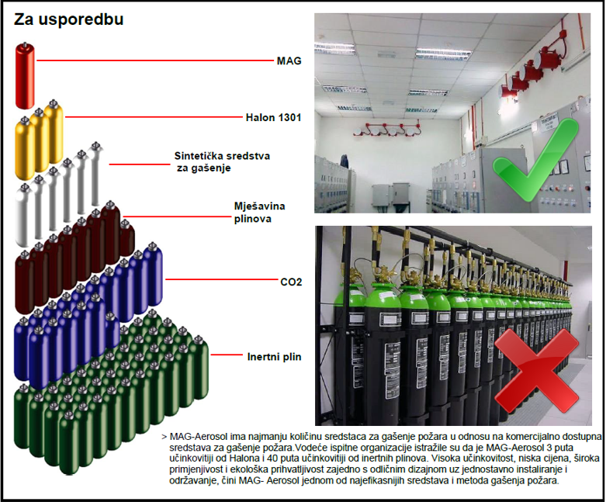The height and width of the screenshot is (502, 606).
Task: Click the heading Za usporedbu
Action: (x=69, y=19)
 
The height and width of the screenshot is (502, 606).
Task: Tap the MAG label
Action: (x=289, y=61)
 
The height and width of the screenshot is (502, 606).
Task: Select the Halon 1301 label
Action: (x=273, y=117)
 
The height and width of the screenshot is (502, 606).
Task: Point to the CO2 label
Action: (x=291, y=282)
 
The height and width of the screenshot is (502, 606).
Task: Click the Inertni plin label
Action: (x=274, y=357)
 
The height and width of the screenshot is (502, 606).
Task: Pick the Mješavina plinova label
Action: (x=259, y=212)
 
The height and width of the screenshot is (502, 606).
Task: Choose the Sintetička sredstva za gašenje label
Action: (x=222, y=162)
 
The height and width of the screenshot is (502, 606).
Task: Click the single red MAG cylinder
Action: (x=25, y=75)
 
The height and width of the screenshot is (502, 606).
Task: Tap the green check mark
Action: (x=535, y=161)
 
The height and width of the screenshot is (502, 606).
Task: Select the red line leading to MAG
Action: (x=154, y=61)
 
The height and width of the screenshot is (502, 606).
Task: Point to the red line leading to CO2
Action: (x=221, y=279)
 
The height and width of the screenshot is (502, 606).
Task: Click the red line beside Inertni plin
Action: (x=227, y=355)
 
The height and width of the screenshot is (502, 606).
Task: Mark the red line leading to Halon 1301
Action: (x=154, y=116)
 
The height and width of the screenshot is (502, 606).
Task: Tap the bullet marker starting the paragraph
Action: (x=164, y=437)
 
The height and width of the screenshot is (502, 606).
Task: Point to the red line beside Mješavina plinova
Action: (x=176, y=216)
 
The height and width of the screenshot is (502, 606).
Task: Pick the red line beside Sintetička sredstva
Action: (x=140, y=164)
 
